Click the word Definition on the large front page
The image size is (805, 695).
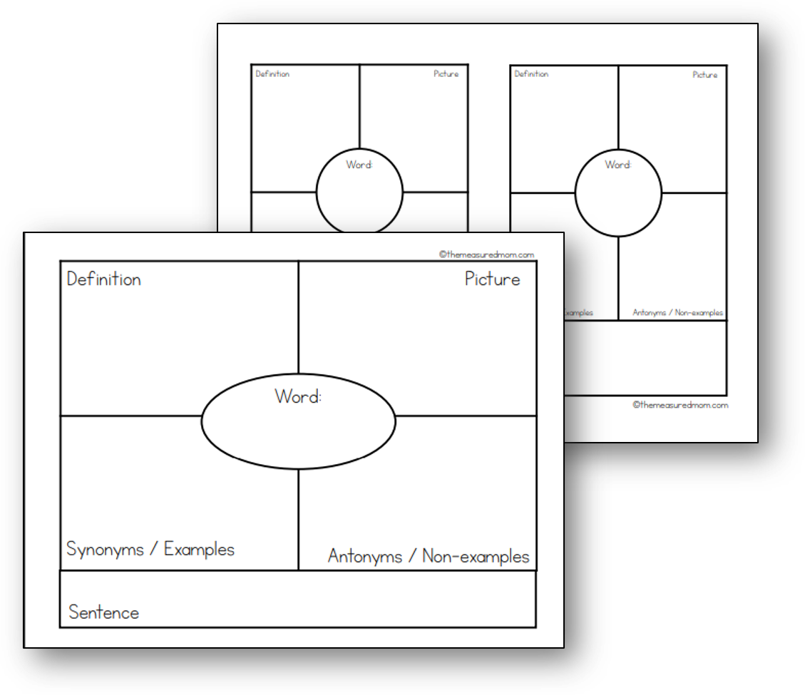pyautogui.click(x=103, y=279)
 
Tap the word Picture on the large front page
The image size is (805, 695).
pyautogui.click(x=492, y=279)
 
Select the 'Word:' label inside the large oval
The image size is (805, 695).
pyautogui.click(x=297, y=396)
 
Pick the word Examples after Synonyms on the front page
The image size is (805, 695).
pyautogui.click(x=199, y=550)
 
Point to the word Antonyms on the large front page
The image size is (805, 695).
pyautogui.click(x=364, y=556)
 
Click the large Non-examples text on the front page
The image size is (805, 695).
pyautogui.click(x=476, y=556)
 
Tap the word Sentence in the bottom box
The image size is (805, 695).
pyautogui.click(x=103, y=612)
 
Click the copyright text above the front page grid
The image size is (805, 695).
pyautogui.click(x=486, y=254)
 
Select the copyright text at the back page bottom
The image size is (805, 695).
pyautogui.click(x=680, y=405)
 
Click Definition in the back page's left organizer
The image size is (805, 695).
pyautogui.click(x=272, y=74)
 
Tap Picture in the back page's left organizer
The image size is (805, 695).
pyautogui.click(x=446, y=74)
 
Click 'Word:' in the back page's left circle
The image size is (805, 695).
pyautogui.click(x=359, y=165)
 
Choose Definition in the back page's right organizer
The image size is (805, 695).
pyautogui.click(x=531, y=74)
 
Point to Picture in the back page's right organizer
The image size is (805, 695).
pyautogui.click(x=705, y=75)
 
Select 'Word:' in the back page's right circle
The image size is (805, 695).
pyautogui.click(x=618, y=165)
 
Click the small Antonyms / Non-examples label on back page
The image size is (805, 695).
pyautogui.click(x=677, y=313)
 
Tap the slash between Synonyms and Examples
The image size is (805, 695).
pyautogui.click(x=153, y=550)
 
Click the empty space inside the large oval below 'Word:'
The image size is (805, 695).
pyautogui.click(x=298, y=435)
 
